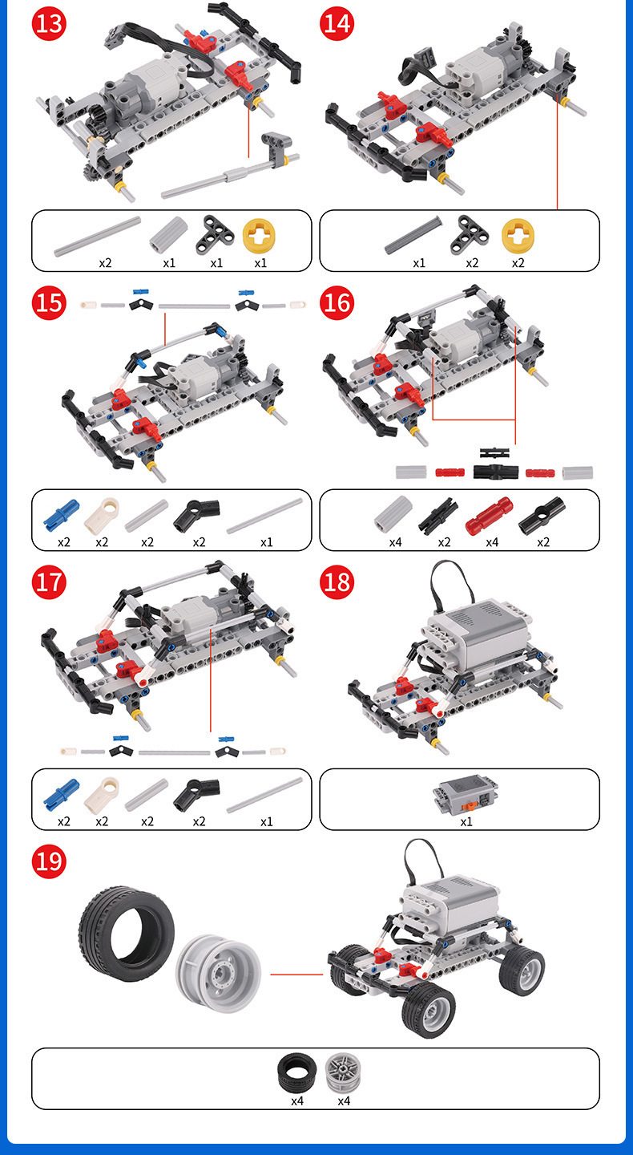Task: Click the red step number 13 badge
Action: click(x=49, y=23)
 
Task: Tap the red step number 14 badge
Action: click(x=337, y=23)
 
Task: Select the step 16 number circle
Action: click(x=337, y=302)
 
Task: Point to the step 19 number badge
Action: click(x=49, y=861)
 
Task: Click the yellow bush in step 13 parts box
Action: click(x=259, y=236)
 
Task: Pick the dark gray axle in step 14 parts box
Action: click(x=413, y=235)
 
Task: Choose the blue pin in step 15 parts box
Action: click(x=61, y=514)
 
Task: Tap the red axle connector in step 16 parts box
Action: click(x=490, y=516)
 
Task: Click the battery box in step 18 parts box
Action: click(x=465, y=794)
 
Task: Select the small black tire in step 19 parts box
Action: click(x=296, y=1073)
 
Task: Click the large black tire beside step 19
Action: click(x=126, y=934)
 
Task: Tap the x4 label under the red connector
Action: click(x=492, y=542)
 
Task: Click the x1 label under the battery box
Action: click(x=466, y=821)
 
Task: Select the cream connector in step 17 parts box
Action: click(x=102, y=794)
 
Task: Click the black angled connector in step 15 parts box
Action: click(x=196, y=516)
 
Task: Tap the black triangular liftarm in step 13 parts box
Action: click(x=215, y=235)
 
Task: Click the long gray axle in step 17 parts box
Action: click(x=264, y=795)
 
